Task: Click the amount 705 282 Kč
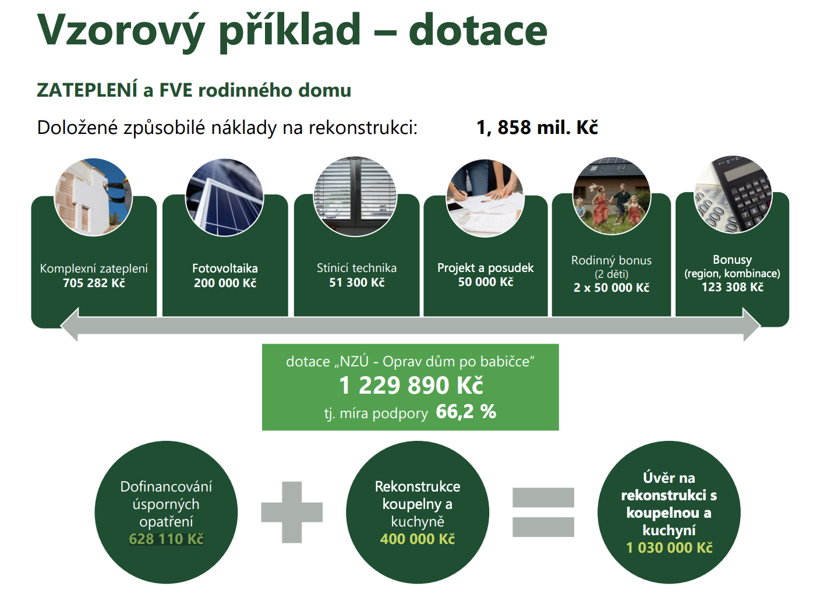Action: [94, 283]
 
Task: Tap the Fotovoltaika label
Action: [225, 268]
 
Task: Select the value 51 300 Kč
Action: [356, 282]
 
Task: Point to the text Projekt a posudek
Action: [485, 268]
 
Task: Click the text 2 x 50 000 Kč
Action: [611, 288]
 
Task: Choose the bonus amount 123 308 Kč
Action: [733, 287]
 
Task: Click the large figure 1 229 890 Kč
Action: [411, 386]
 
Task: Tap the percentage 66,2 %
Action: [466, 411]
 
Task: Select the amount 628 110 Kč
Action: [166, 539]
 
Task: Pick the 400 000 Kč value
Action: [418, 539]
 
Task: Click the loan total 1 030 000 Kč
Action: [669, 547]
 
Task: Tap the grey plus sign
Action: [292, 512]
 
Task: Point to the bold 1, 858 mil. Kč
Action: [537, 128]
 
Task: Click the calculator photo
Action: [733, 195]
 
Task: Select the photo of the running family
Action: [611, 196]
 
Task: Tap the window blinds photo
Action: [355, 196]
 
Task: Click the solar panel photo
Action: [225, 197]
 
